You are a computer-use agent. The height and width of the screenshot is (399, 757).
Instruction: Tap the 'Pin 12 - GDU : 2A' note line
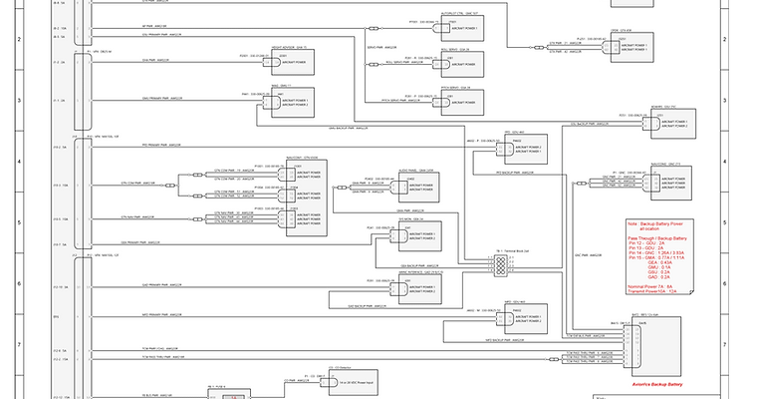[648, 243]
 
